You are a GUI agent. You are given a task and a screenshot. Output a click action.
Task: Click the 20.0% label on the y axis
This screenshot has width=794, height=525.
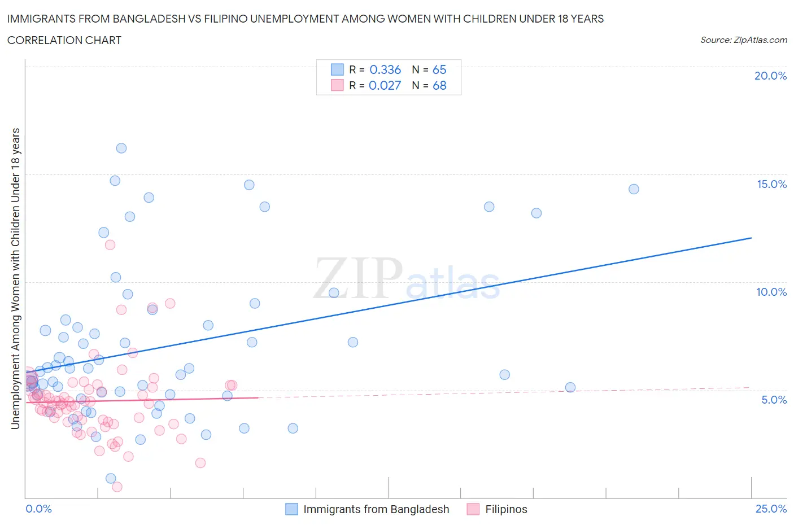(x=770, y=76)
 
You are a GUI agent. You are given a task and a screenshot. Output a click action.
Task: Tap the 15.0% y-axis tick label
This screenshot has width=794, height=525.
(x=771, y=184)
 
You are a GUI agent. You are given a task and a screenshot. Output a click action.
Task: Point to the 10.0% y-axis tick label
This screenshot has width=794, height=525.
(x=771, y=292)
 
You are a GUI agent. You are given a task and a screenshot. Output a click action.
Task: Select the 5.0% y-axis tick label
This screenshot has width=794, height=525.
(x=774, y=400)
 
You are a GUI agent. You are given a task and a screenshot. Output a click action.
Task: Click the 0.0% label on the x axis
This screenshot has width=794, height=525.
(x=38, y=509)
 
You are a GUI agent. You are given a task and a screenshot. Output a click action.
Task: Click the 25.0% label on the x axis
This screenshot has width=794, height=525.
(x=771, y=509)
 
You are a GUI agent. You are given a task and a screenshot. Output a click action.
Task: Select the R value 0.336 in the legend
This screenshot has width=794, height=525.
(x=385, y=69)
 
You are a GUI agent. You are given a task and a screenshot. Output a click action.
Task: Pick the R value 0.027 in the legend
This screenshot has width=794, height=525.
(x=385, y=85)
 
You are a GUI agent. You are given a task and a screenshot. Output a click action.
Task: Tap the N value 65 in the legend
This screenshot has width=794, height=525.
(x=439, y=69)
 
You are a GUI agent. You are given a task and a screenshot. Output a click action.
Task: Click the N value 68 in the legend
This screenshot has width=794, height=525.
(x=439, y=85)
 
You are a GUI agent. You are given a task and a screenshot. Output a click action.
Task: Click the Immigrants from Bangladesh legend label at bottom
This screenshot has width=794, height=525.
(x=376, y=509)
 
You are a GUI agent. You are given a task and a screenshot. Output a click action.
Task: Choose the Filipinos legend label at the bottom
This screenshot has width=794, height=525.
(x=506, y=509)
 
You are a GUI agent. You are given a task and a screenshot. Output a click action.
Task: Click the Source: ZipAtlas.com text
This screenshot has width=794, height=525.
(x=743, y=40)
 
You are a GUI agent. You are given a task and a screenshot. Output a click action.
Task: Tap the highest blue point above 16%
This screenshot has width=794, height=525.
(x=121, y=148)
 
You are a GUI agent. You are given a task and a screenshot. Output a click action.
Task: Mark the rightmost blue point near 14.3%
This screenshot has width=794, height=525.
(x=634, y=189)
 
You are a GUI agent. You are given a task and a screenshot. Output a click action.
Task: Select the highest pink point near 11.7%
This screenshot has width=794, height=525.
(x=110, y=244)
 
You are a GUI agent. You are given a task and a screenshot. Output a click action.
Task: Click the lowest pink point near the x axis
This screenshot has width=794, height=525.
(x=117, y=487)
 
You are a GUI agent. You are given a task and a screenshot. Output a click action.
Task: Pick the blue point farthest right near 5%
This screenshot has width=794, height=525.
(x=570, y=387)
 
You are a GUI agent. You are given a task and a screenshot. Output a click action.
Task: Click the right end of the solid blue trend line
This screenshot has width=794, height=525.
(x=751, y=238)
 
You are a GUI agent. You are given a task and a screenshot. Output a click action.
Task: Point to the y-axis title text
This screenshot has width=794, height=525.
(x=16, y=278)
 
